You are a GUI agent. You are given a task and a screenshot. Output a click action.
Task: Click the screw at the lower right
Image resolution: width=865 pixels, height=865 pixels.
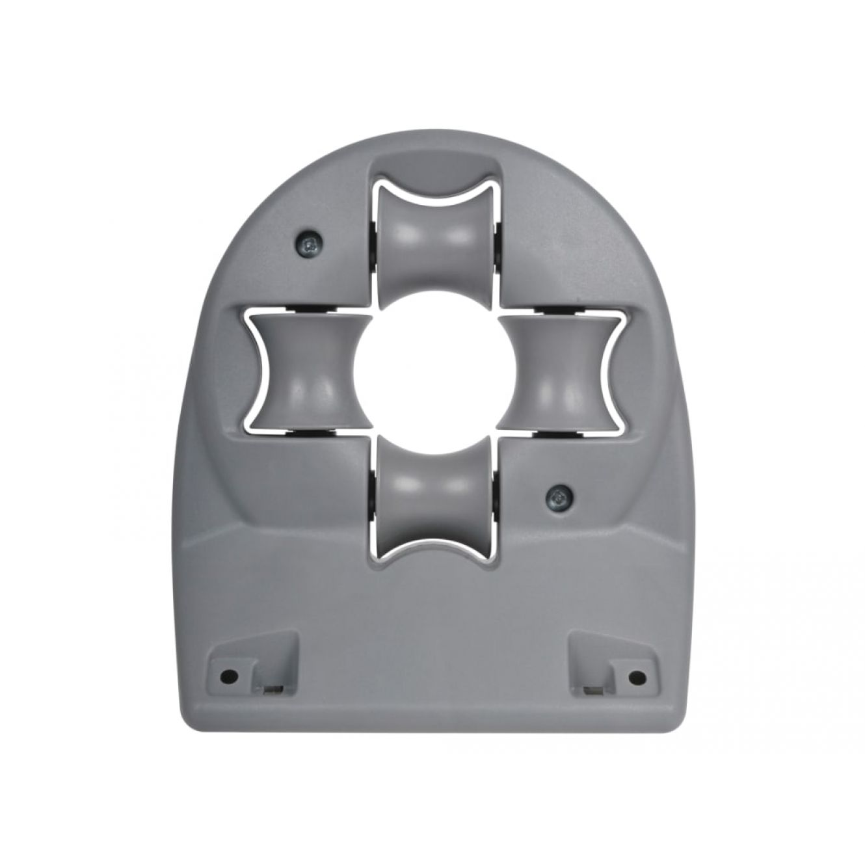point(557,498)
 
